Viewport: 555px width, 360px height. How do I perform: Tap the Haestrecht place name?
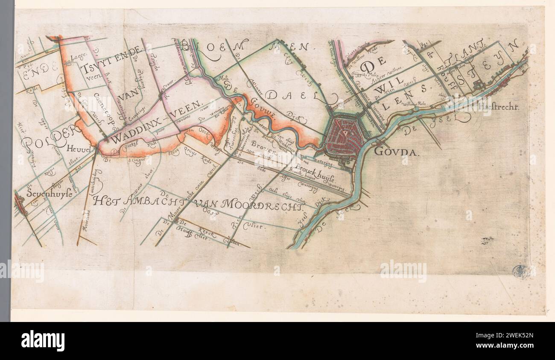499,108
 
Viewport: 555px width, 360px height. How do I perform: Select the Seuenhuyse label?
47,193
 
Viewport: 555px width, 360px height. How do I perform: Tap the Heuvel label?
80,149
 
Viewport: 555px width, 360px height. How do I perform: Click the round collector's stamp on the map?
520,270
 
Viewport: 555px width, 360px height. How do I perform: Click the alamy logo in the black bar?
43,340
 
